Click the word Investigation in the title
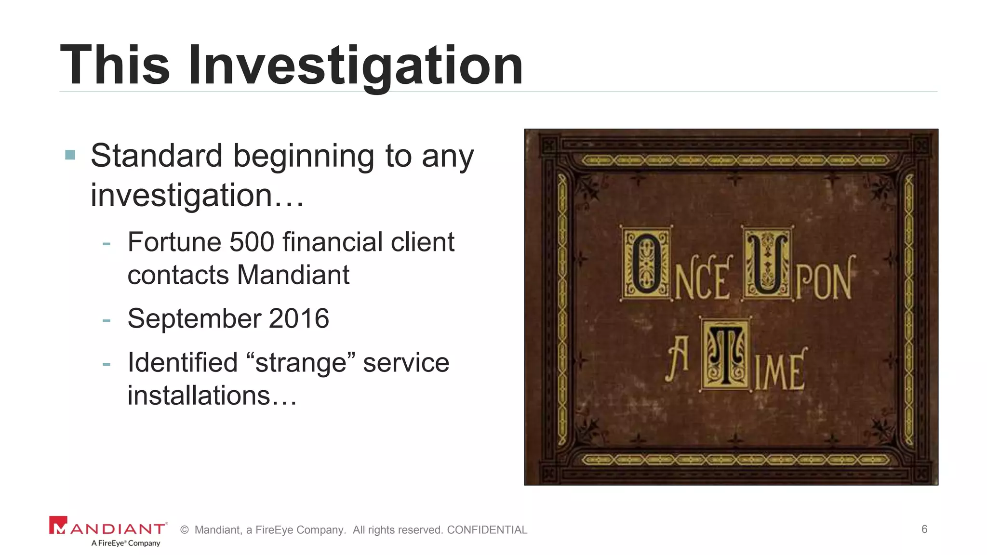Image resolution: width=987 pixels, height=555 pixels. (355, 66)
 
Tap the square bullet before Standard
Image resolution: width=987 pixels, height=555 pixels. (70, 155)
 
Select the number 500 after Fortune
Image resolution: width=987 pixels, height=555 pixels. (252, 242)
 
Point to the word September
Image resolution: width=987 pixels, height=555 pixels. (194, 319)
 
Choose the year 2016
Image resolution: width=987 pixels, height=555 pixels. (299, 318)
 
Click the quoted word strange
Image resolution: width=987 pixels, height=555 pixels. (301, 363)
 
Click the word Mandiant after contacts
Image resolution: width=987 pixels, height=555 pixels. (293, 275)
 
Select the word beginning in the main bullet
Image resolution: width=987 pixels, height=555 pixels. (304, 157)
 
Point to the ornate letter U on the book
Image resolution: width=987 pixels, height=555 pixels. (767, 263)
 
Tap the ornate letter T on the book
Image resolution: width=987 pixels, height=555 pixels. (726, 355)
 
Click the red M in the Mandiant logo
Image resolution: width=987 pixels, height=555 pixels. (58, 526)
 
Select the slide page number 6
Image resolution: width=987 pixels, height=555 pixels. (924, 529)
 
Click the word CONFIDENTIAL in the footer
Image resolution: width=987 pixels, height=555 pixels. (487, 530)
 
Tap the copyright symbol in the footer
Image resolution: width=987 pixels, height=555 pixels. (184, 530)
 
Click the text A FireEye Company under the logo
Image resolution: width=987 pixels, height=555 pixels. (126, 543)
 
